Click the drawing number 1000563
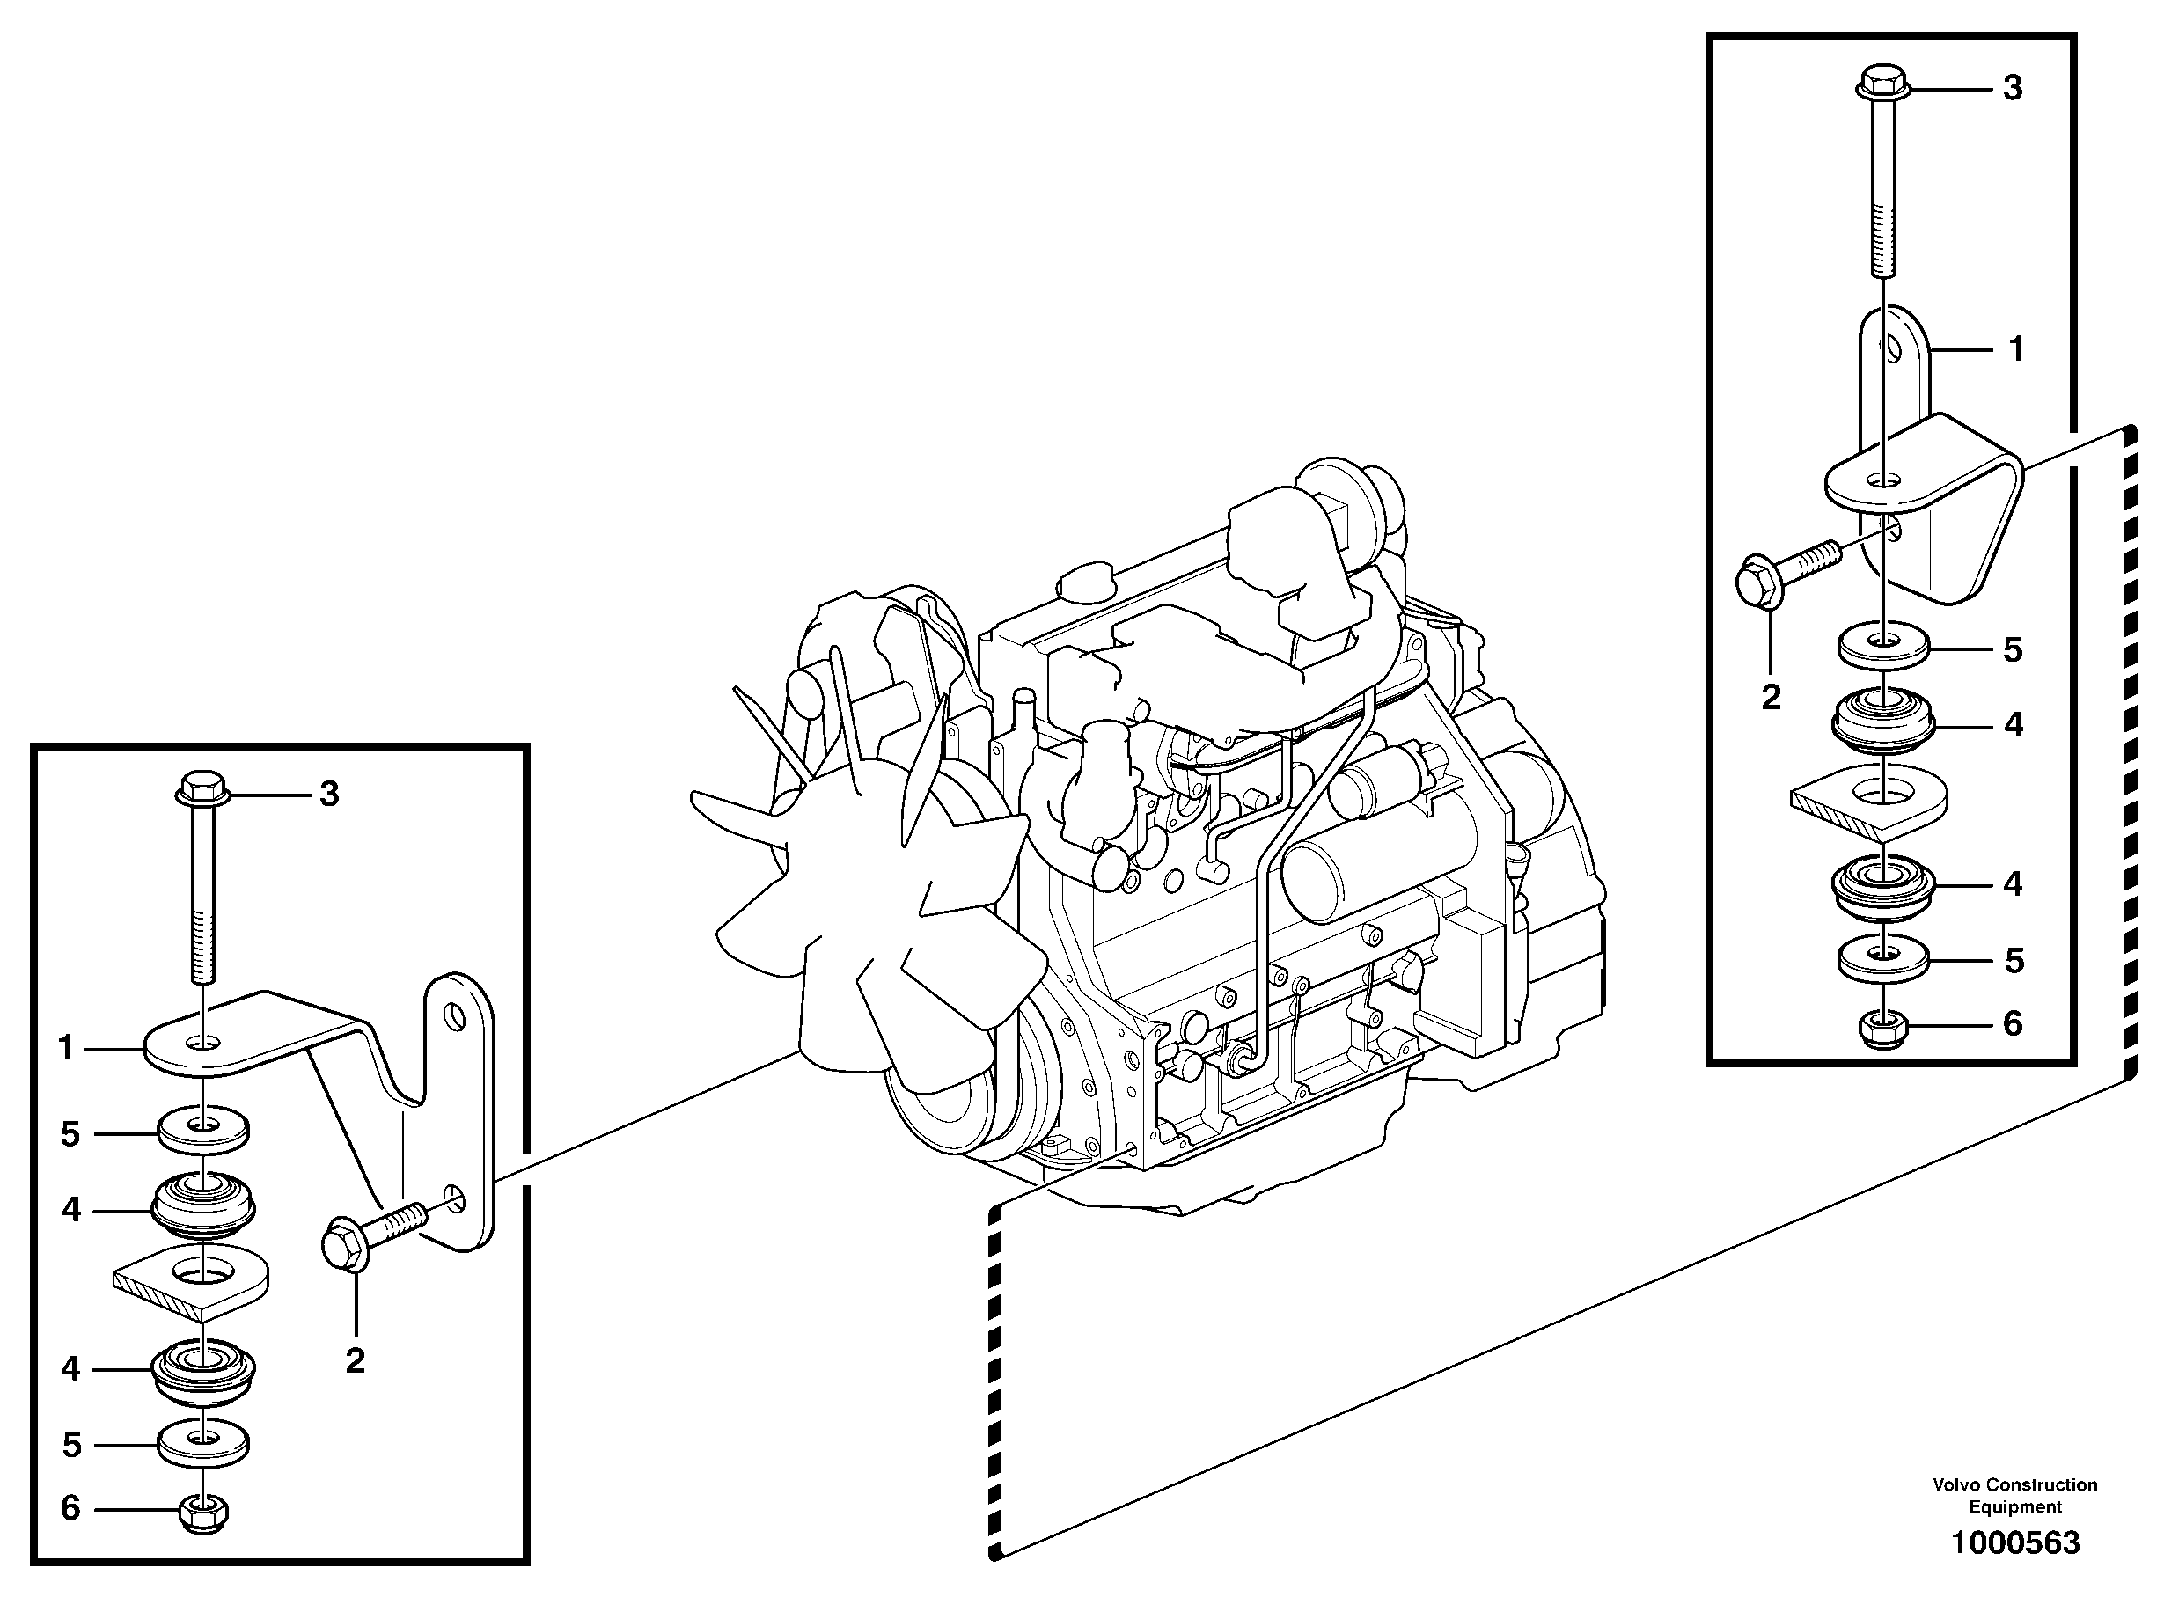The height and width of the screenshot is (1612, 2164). click(2014, 1542)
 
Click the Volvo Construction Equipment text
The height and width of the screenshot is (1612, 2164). click(2014, 1495)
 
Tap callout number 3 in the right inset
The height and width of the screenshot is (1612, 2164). click(2012, 88)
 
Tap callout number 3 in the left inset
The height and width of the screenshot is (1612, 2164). click(330, 794)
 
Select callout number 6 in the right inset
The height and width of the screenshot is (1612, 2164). click(2012, 1023)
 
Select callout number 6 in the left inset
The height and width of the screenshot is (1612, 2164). click(70, 1507)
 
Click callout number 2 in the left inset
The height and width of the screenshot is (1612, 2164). click(356, 1360)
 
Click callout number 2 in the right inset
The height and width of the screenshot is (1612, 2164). click(1771, 697)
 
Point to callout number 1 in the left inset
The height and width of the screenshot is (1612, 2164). click(66, 1048)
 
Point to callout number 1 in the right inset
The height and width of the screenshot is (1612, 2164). click(2015, 348)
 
